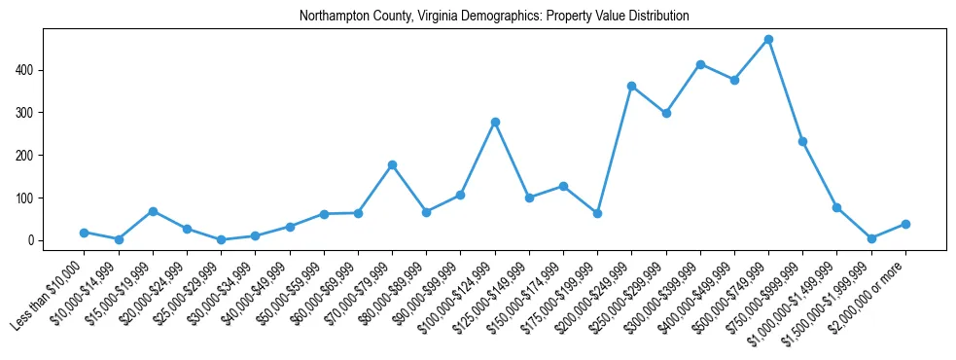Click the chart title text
[x=494, y=16]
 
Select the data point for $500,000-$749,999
[x=768, y=40]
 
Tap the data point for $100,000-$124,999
[x=495, y=122]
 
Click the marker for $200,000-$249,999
[x=631, y=86]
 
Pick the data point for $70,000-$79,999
[x=392, y=164]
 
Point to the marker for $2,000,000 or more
[x=905, y=224]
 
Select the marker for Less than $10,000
[x=85, y=233]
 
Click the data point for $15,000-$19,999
[x=153, y=211]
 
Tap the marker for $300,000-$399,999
[x=700, y=64]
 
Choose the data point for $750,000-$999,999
[x=802, y=141]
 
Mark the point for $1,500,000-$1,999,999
[x=871, y=238]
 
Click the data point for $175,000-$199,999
[x=597, y=213]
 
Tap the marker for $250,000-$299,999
[x=666, y=113]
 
